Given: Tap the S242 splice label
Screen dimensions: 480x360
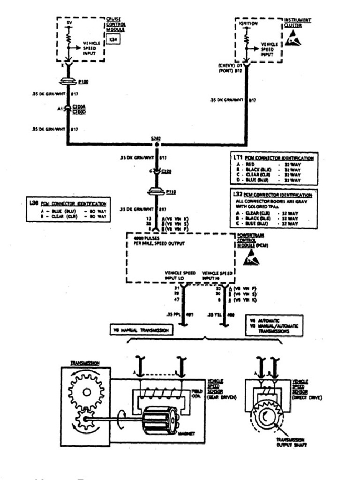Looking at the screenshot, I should (x=156, y=138).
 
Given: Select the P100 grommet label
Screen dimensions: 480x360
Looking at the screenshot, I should (x=84, y=82).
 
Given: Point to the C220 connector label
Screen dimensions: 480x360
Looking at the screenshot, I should (x=166, y=172).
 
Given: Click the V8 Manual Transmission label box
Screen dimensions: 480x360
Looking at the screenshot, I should (x=140, y=330).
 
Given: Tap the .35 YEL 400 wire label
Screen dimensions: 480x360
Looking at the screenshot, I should (x=224, y=314).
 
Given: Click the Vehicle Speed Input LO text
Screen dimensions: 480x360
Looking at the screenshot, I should (x=180, y=275).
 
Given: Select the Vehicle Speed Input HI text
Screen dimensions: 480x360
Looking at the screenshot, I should (x=217, y=275).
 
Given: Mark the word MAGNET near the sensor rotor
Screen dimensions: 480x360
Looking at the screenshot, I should (x=187, y=433).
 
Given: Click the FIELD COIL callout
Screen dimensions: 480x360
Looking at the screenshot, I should (x=197, y=392).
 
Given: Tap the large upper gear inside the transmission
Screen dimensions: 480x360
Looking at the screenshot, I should (x=86, y=392).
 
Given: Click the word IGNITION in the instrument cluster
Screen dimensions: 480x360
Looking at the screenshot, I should (x=248, y=23).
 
